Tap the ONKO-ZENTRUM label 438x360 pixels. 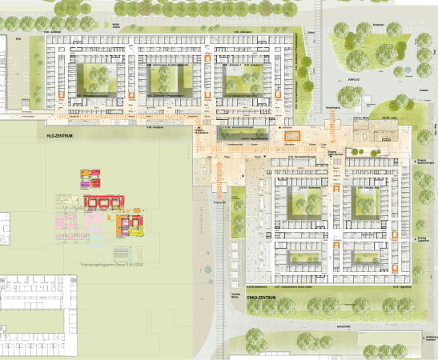coord(260,298)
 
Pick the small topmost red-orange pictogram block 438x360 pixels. coord(86,174)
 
